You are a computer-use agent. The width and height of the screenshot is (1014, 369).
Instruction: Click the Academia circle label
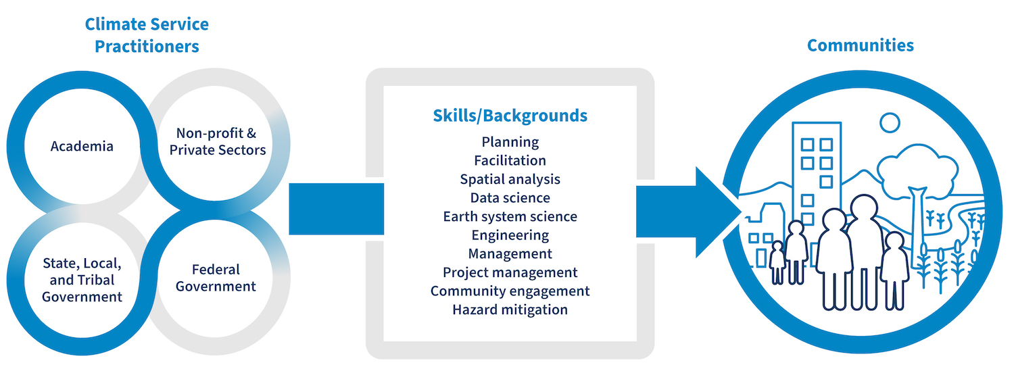tap(82, 146)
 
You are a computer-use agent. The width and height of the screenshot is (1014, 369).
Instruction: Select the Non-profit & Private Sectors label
tap(217, 141)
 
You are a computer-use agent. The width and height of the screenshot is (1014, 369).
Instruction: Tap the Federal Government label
tap(216, 278)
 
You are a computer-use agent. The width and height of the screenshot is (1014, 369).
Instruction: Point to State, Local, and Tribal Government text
tap(82, 279)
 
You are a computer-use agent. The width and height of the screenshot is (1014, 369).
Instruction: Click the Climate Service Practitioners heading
tap(147, 36)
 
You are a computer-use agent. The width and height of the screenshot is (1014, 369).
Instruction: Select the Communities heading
tap(860, 45)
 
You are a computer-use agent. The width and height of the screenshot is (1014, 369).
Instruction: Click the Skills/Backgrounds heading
tap(510, 116)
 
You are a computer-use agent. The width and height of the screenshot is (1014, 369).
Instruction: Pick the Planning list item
tap(510, 142)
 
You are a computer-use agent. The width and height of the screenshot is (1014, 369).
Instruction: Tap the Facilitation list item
tap(510, 161)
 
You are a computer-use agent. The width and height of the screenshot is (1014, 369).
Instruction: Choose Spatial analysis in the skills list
tap(510, 179)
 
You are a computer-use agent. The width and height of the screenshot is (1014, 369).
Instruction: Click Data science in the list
tap(510, 198)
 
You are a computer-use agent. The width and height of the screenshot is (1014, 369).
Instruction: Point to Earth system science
tap(510, 217)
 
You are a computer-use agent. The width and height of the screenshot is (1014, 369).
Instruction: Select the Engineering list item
tap(510, 235)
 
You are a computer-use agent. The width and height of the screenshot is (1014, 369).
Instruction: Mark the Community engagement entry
tap(510, 291)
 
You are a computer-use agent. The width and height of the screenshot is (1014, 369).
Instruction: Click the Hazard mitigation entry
tap(510, 310)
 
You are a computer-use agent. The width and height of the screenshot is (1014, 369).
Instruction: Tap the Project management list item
tap(510, 272)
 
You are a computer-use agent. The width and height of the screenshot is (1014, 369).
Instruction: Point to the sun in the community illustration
tap(890, 122)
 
